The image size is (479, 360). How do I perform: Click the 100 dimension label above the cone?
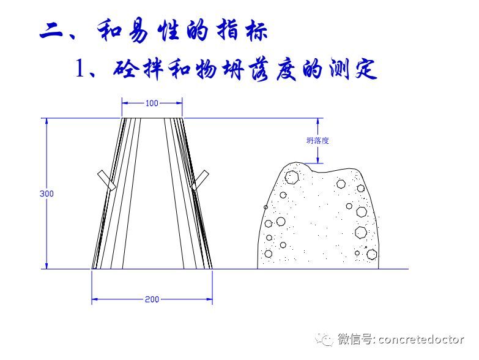coord(152,103)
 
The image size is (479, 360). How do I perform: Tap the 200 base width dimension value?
coord(152,299)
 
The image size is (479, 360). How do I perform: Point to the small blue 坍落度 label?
coord(318,140)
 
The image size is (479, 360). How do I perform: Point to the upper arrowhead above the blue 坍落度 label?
coord(318,121)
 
